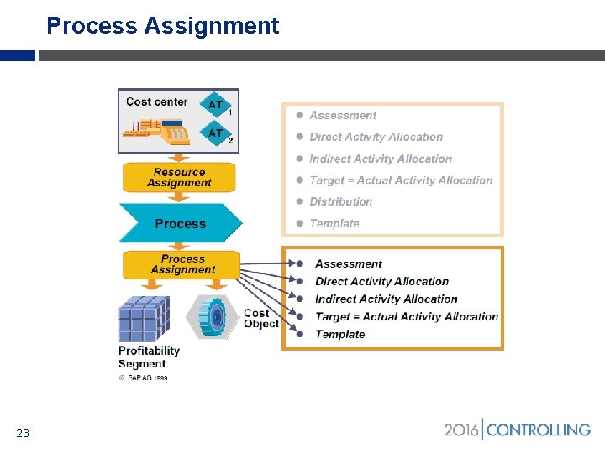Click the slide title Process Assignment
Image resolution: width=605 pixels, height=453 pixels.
coord(162,26)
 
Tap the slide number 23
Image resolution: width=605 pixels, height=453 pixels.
coord(23,433)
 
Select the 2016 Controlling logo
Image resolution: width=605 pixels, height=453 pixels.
coord(517,430)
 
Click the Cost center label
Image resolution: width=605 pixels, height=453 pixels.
coord(156,102)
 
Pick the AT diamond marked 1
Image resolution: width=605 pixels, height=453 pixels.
coord(216,105)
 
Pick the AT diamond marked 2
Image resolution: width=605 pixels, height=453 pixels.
coord(216,133)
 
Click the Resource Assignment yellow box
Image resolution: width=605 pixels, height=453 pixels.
coord(179,177)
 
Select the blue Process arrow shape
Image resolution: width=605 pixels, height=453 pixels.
coord(180,224)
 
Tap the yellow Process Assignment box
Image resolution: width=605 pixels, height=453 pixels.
coord(182,264)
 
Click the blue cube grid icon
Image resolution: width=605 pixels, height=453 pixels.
coord(144,319)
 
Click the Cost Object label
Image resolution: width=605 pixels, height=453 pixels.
coord(260,319)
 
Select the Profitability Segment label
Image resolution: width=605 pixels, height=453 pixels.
coord(149,357)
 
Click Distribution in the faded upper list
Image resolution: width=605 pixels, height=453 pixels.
coord(340,201)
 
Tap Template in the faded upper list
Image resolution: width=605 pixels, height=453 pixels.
coord(334,223)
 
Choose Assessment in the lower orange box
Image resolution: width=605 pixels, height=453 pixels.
coord(348,263)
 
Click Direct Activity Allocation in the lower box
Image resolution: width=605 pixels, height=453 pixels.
coord(381,281)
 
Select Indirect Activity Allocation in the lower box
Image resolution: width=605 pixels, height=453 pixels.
coord(386,299)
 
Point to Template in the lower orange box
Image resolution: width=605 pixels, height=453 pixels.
coord(339,334)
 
